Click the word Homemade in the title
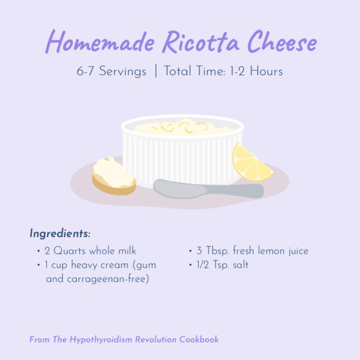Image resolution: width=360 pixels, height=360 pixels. click(x=100, y=41)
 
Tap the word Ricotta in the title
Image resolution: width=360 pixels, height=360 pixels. click(x=200, y=41)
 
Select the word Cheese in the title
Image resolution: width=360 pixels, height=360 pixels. click(x=282, y=41)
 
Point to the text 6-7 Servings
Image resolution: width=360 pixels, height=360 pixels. click(x=112, y=71)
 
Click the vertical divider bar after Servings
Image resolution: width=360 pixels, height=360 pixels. click(x=156, y=71)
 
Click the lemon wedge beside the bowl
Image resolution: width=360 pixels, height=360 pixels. click(x=251, y=163)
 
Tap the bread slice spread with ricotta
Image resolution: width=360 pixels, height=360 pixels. click(x=113, y=176)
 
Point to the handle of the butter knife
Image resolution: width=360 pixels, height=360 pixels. click(x=235, y=191)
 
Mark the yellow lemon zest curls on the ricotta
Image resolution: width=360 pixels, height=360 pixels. click(x=181, y=127)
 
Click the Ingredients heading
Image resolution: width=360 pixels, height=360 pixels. click(x=60, y=234)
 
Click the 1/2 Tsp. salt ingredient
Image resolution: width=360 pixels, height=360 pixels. click(x=223, y=265)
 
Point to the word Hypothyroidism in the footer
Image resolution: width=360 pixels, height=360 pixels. click(x=101, y=340)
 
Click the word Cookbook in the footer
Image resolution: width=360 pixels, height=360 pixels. click(x=199, y=340)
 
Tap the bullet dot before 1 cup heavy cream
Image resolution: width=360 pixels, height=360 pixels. click(x=38, y=265)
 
